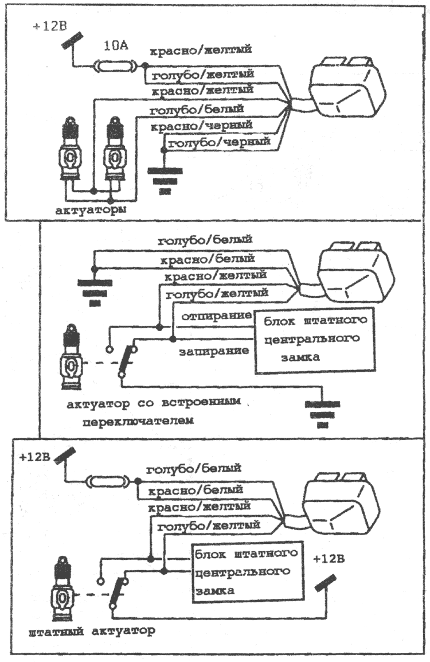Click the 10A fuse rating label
[116, 45]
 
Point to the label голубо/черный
[219, 143]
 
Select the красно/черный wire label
[202, 126]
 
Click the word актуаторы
[91, 210]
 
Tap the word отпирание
[217, 316]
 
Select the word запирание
[214, 351]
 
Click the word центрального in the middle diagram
[312, 338]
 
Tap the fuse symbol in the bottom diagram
[107, 481]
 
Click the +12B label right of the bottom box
[329, 559]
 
